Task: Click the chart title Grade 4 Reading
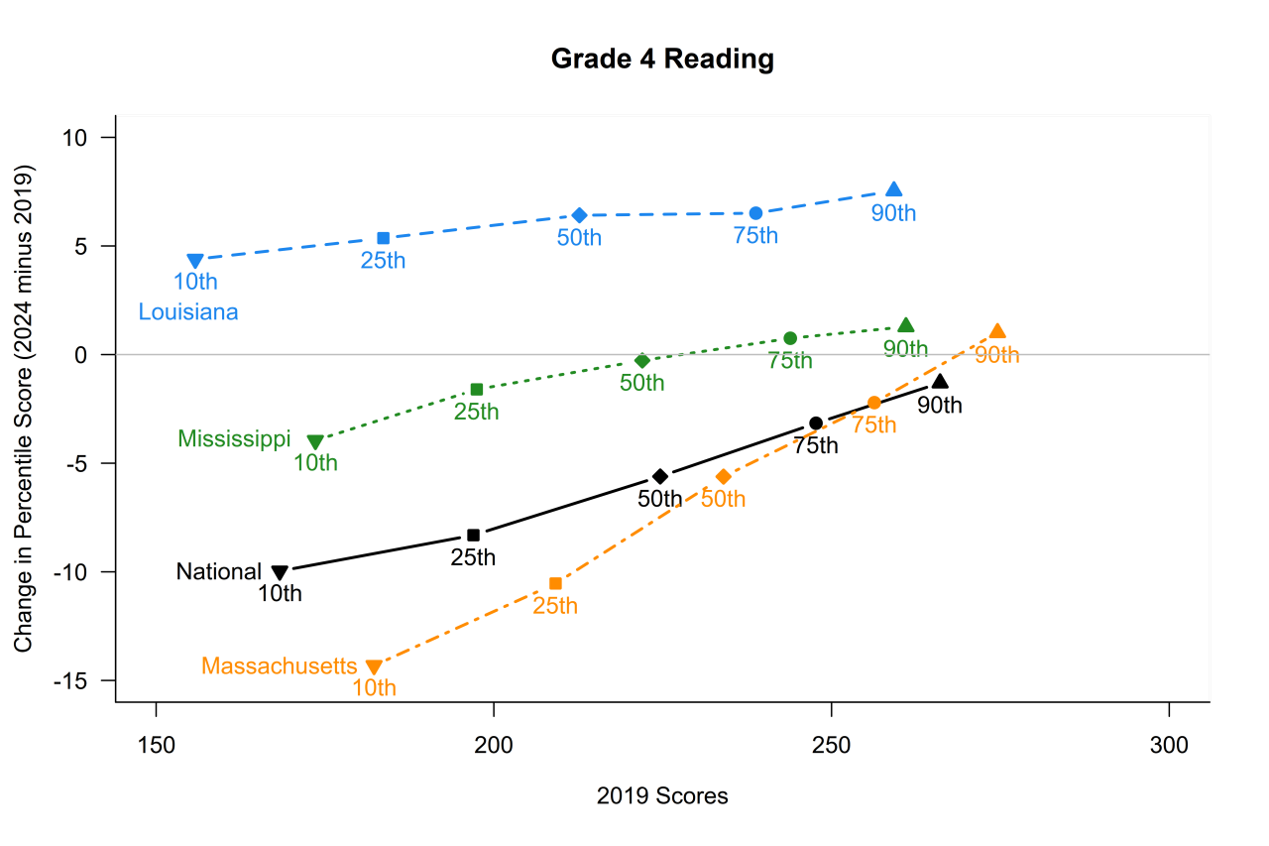[662, 60]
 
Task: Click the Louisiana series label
[188, 312]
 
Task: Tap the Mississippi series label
[234, 438]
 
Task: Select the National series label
[219, 572]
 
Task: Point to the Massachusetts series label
[279, 665]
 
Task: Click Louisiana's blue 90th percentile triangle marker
[894, 189]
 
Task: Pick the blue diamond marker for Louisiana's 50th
[580, 215]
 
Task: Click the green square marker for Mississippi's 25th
[477, 389]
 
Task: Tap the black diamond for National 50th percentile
[660, 477]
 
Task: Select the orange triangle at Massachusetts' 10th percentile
[374, 667]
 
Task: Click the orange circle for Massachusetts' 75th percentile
[874, 403]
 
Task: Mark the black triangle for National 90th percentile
[940, 382]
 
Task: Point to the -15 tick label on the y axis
[72, 681]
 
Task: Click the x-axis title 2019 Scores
[662, 796]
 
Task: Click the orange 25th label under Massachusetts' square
[555, 605]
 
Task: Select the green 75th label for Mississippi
[790, 360]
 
